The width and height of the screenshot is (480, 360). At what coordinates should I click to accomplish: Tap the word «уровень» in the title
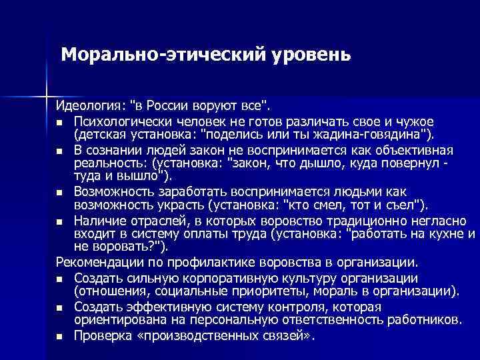pyautogui.click(x=310, y=53)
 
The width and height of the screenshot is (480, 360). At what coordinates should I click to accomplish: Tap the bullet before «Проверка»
pyautogui.click(x=59, y=337)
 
